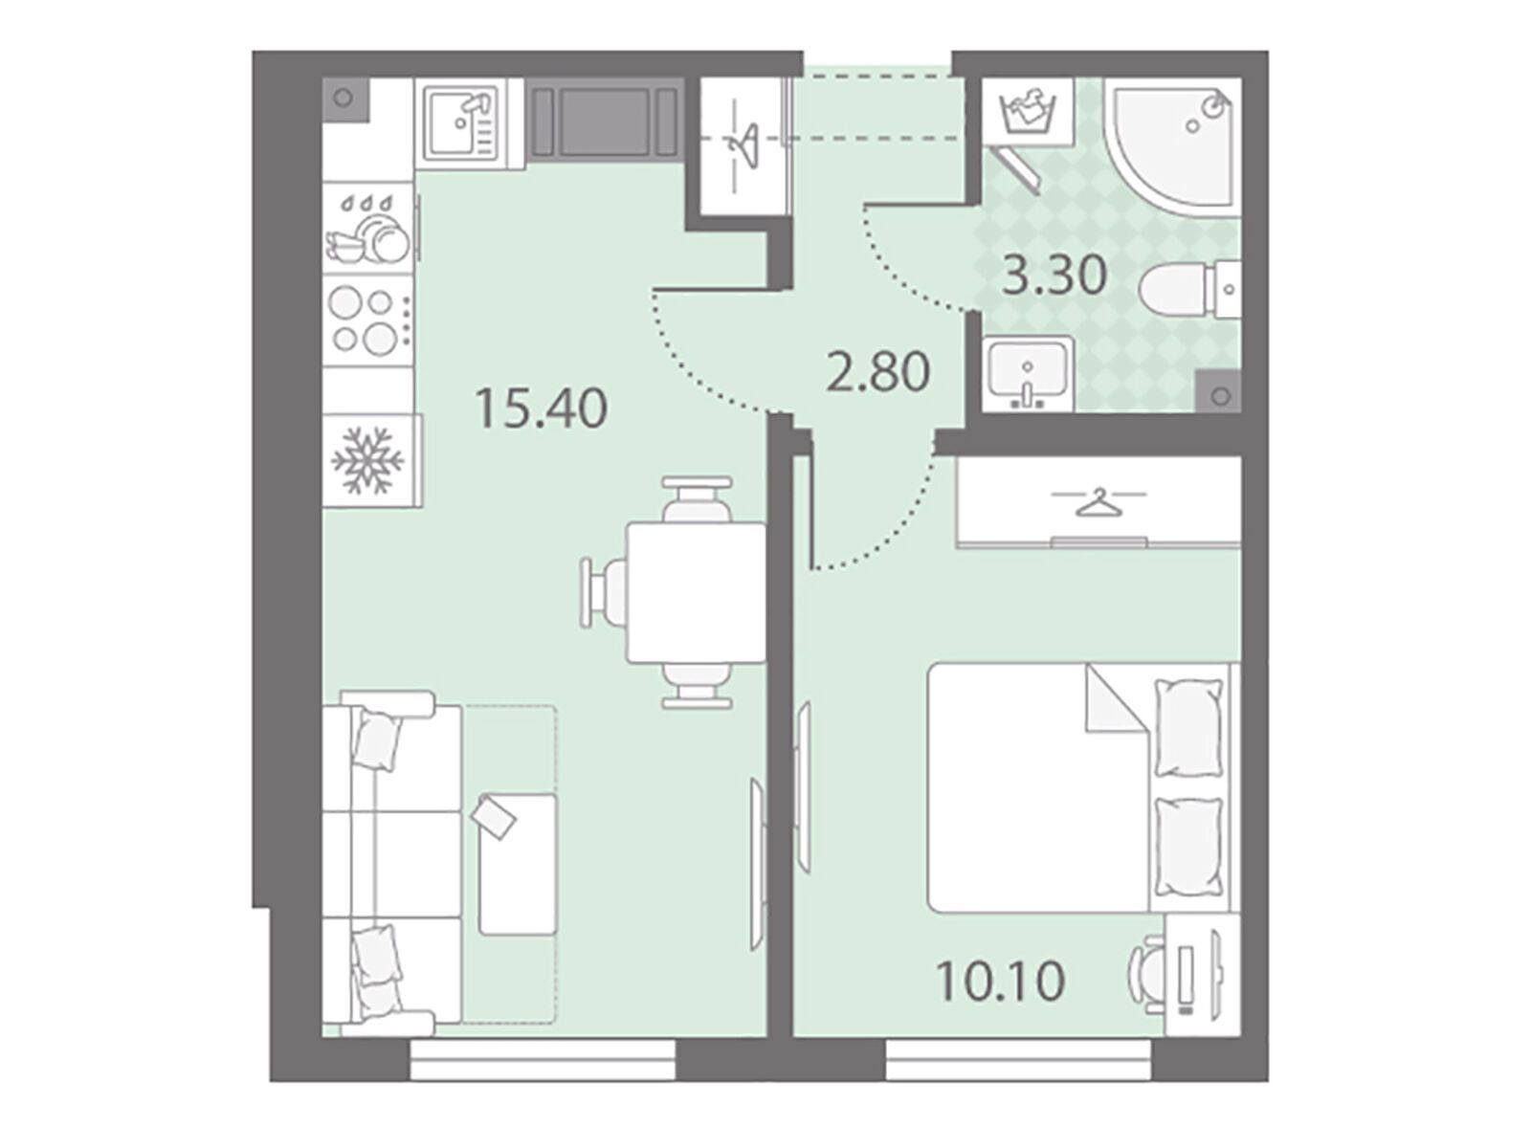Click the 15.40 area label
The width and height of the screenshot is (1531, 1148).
pyautogui.click(x=541, y=409)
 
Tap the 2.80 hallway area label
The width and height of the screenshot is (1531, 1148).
pyautogui.click(x=877, y=372)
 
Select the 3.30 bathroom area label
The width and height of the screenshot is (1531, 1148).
pyautogui.click(x=1054, y=276)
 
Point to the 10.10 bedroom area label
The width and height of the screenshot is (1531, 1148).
pyautogui.click(x=1000, y=981)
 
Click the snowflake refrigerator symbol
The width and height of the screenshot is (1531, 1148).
pyautogui.click(x=366, y=461)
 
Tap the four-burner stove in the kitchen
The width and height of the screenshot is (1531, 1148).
pyautogui.click(x=368, y=320)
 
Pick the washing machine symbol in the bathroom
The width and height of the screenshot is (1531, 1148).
pyautogui.click(x=1028, y=112)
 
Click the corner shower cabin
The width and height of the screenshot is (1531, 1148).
pyautogui.click(x=1175, y=146)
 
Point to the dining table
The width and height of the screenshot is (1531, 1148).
pyautogui.click(x=696, y=592)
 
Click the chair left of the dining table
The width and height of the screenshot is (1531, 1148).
pyautogui.click(x=603, y=593)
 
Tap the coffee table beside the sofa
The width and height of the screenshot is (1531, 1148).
pyautogui.click(x=517, y=864)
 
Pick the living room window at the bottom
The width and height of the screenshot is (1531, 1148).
pyautogui.click(x=543, y=1060)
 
